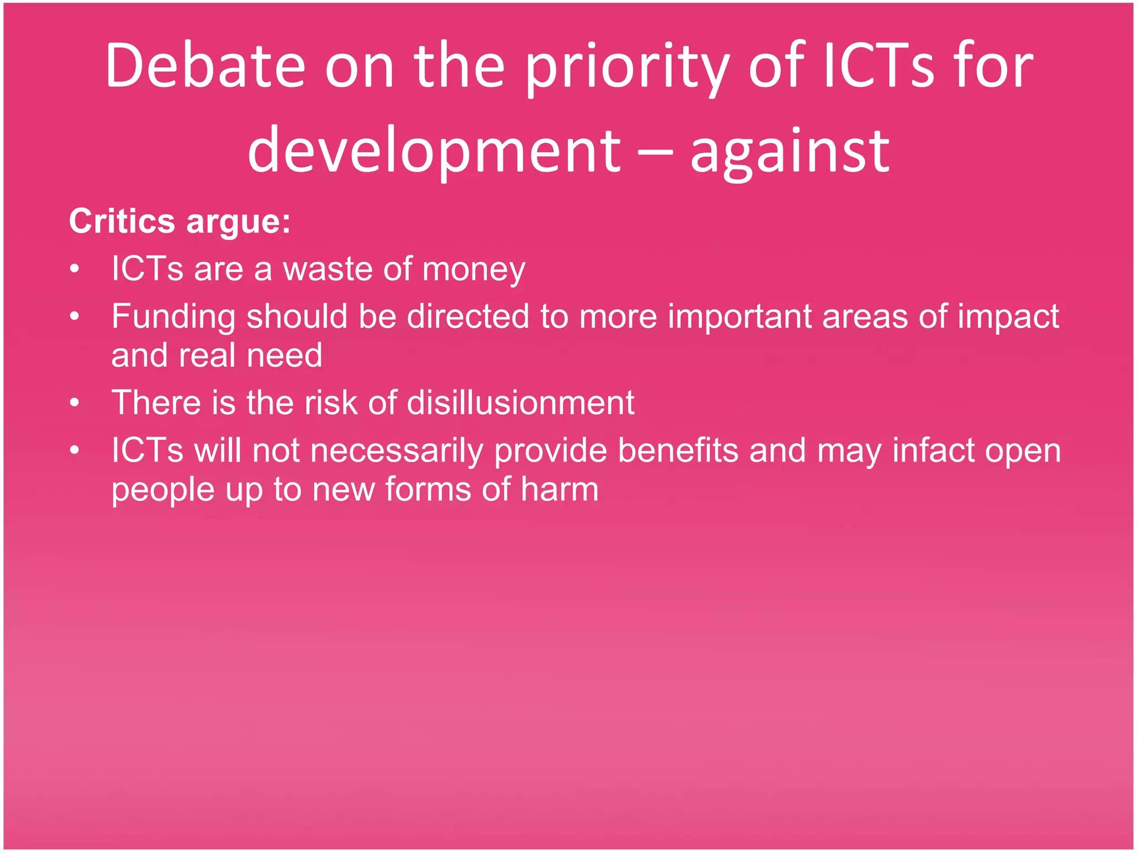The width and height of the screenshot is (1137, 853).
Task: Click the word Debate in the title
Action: tap(205, 66)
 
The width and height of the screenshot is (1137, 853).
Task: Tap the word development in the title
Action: tap(434, 151)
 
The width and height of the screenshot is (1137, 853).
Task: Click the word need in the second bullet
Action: tap(284, 355)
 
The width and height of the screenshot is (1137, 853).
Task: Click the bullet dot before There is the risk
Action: tap(75, 403)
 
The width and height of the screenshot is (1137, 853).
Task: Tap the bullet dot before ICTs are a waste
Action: tap(75, 269)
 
